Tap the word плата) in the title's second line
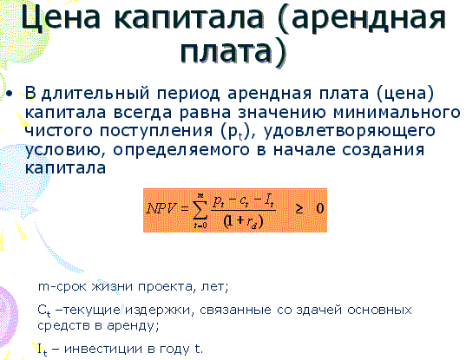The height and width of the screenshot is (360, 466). point(233,51)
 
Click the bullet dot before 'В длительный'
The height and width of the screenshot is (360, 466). point(10,94)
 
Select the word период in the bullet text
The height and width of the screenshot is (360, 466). point(188,94)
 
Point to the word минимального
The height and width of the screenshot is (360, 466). point(397,113)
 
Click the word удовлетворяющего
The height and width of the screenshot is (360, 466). point(349,131)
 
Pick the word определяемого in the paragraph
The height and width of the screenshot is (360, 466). point(181,150)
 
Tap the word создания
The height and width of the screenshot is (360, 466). point(383,150)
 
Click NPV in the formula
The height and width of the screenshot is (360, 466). point(161,209)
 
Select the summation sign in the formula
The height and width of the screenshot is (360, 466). point(200,210)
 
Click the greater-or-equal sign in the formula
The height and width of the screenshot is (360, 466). point(299,209)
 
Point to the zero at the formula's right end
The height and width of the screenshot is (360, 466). point(320,208)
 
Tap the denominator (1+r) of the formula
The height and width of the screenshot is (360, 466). point(243,221)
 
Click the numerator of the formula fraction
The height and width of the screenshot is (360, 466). point(243,202)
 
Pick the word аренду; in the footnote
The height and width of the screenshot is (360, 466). point(133,326)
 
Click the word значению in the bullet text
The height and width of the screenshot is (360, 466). point(282,113)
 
